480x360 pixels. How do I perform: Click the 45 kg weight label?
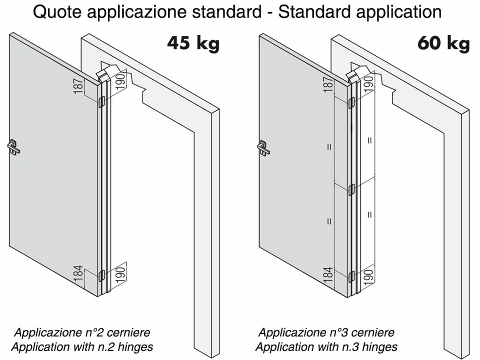click(193, 43)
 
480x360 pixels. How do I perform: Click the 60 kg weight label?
click(443, 43)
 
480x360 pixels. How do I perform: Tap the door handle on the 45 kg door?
click(13, 147)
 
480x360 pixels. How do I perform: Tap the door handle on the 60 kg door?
click(263, 147)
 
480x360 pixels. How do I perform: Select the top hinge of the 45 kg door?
click(102, 102)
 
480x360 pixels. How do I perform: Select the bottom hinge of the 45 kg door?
click(102, 275)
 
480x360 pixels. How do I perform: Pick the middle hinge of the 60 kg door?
click(351, 189)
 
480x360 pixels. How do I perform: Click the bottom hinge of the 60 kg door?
click(351, 276)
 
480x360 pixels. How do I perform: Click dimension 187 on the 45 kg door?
click(78, 86)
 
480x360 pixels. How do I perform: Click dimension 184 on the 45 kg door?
click(78, 273)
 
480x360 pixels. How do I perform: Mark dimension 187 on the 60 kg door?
click(328, 84)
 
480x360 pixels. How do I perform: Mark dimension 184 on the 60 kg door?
click(328, 274)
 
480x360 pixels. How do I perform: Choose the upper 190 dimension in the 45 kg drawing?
click(120, 80)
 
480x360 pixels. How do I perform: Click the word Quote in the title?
click(58, 12)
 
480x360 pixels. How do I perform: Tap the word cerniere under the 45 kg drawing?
click(128, 332)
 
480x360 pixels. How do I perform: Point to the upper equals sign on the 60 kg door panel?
click(329, 147)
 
